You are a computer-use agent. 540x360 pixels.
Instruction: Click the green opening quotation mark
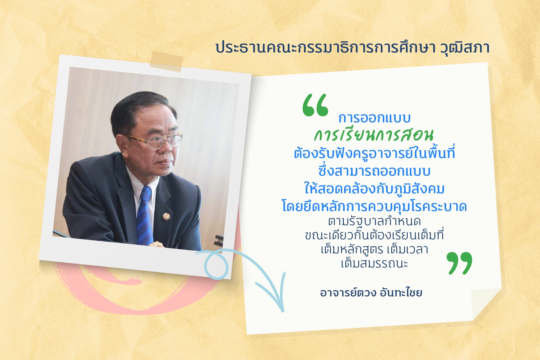coord(315,105)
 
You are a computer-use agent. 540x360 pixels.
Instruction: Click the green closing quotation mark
coord(459,263)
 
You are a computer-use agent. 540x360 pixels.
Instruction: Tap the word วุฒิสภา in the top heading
coord(465,48)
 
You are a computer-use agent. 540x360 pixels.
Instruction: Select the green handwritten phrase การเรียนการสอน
coord(374,135)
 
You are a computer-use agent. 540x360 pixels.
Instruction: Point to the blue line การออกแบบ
coord(374,118)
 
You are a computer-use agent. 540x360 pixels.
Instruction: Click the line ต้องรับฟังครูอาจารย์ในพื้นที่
coord(374,153)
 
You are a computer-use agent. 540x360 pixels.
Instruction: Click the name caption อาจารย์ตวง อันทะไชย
coord(371,293)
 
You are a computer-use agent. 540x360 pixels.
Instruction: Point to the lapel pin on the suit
coord(166,216)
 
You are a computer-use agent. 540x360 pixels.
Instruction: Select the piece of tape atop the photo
coord(166,61)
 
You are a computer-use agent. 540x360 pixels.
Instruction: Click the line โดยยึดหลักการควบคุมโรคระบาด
coord(374,207)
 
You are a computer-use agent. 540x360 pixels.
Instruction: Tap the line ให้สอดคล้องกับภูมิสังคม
coord(374,189)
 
